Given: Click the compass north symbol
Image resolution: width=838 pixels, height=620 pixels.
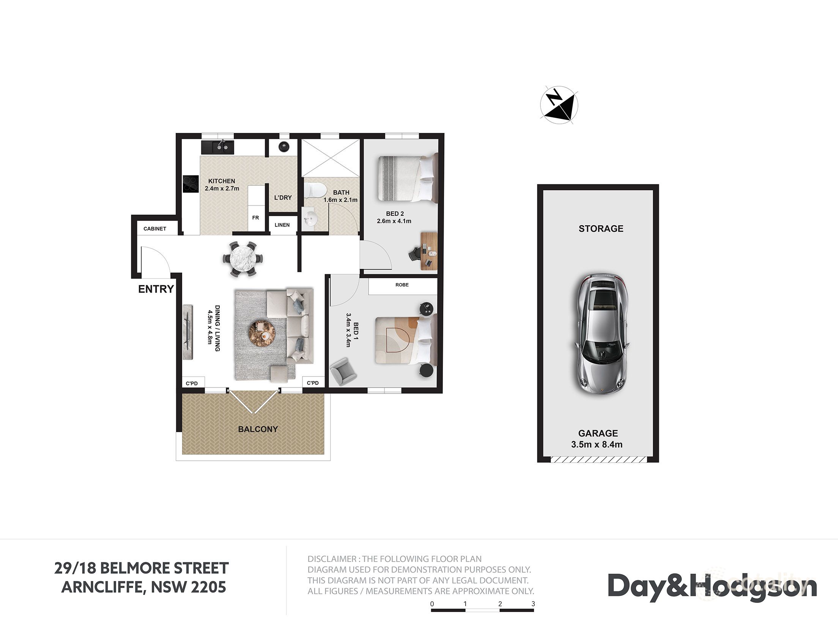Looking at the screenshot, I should click(559, 106).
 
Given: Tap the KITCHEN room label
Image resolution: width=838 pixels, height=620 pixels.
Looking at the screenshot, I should click(222, 181).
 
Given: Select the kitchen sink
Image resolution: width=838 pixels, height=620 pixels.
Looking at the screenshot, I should click(217, 147).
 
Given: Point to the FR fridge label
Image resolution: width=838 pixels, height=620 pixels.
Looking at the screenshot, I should click(255, 218).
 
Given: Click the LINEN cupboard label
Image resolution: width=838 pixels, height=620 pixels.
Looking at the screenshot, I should click(282, 225).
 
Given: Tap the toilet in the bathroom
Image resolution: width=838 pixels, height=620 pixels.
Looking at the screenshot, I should click(315, 189).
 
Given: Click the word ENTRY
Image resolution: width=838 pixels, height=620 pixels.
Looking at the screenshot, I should click(156, 289).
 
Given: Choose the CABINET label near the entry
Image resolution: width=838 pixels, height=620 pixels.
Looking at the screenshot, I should click(154, 229).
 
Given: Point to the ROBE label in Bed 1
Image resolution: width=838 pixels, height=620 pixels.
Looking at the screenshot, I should click(402, 285).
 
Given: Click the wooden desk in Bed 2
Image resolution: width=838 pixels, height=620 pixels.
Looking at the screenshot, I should click(429, 251).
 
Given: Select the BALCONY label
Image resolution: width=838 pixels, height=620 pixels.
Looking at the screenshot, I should click(258, 429).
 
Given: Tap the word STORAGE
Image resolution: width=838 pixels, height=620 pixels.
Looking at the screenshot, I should click(601, 229).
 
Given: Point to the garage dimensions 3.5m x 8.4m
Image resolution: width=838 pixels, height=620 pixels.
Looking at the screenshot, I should click(597, 444).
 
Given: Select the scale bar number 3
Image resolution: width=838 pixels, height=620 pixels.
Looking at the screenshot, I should click(533, 604).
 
